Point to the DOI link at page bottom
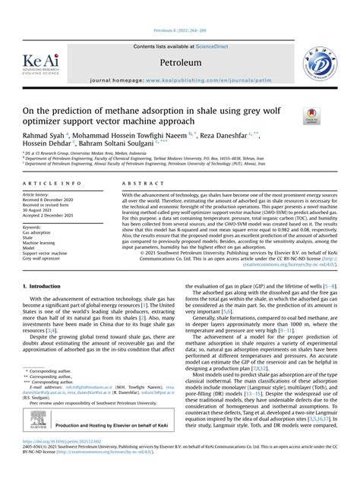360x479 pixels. coord(60,462)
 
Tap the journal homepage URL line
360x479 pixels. coord(179,79)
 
